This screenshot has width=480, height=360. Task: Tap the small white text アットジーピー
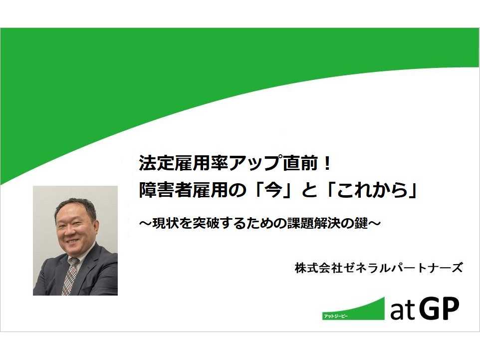click(x=335, y=316)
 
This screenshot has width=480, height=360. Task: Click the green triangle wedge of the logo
click(x=361, y=311)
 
